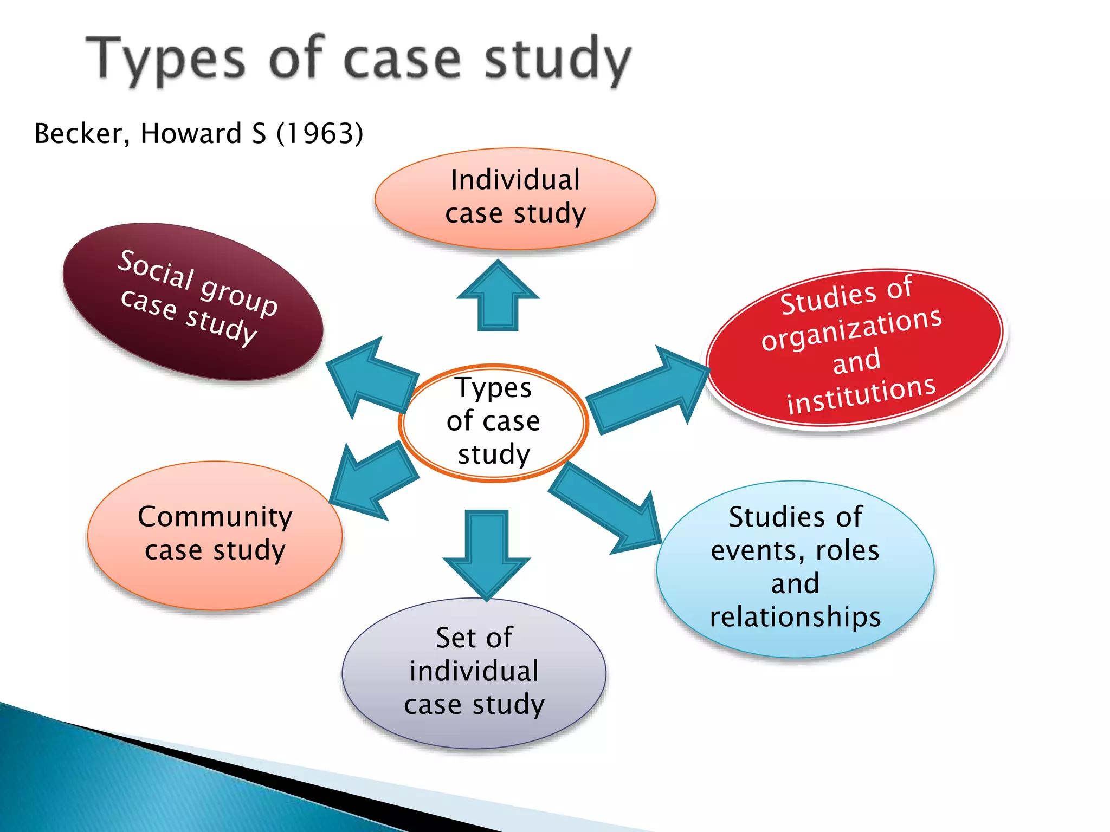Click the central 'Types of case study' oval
[493, 422]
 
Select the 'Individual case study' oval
[515, 198]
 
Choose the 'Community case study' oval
[215, 535]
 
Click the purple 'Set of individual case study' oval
[474, 672]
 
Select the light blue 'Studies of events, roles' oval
[795, 568]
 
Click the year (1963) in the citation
[320, 133]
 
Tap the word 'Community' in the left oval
[215, 517]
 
